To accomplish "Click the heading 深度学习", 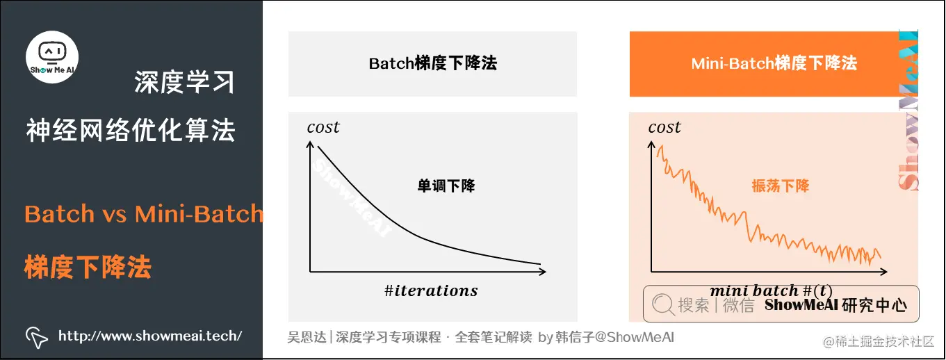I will coord(184,83).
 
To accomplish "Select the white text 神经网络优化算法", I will coord(131,130).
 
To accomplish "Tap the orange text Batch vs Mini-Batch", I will coord(144,213).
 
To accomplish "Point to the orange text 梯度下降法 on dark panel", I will coord(88,266).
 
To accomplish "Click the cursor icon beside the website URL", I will coord(37,337).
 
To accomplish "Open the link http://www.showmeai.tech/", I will coord(150,336).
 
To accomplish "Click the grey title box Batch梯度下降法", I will coord(432,64).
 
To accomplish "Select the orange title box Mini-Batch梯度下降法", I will coord(774,64).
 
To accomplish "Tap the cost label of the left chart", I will coord(323,127).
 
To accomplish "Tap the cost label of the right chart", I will coord(664,127).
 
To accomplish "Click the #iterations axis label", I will coord(431,291).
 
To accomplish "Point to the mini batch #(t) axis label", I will coord(770,290).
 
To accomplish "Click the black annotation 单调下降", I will coord(446,186).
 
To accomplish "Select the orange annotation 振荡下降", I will coord(781,186).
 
